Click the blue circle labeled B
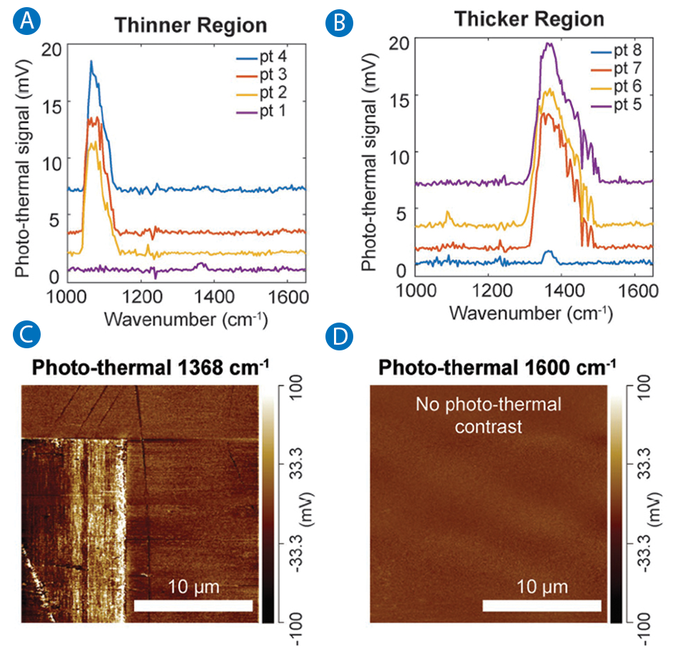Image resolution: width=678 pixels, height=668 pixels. pos(338,23)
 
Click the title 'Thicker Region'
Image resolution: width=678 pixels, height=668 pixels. pos(530,19)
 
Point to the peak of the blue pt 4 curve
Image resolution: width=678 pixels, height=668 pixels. pos(91,61)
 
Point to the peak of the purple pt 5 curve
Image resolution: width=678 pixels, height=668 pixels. pos(548,44)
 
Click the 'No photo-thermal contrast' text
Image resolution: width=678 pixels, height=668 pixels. pos(489,416)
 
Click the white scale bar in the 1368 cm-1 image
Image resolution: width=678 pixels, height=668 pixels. pos(193,606)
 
